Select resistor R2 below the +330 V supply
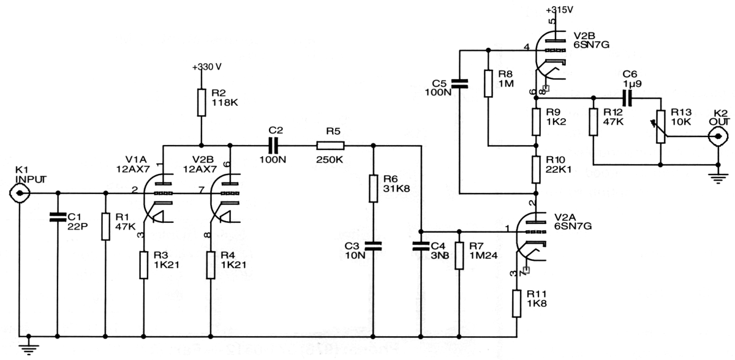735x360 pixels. pos(201,102)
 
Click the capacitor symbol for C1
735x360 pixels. pos(57,216)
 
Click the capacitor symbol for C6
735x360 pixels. pos(627,97)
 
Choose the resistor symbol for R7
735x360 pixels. pos(459,255)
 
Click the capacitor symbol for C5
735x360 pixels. pos(459,83)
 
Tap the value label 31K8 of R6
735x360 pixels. pos(396,189)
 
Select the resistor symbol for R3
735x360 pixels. pos(143,264)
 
